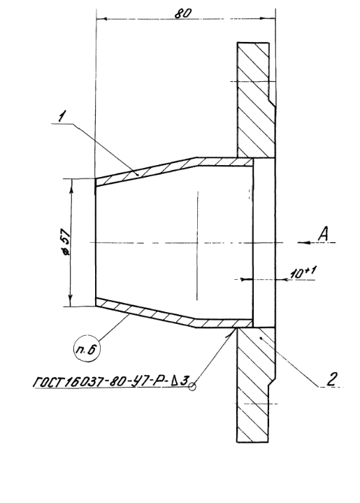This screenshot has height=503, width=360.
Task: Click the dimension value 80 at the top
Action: coord(183,13)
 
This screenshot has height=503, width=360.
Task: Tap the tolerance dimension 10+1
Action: coord(303,273)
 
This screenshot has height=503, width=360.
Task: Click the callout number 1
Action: coord(62,116)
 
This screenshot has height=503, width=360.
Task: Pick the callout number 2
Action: coord(331,379)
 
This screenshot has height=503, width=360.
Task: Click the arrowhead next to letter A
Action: coord(303,243)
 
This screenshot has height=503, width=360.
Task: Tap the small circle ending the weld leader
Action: coord(192,387)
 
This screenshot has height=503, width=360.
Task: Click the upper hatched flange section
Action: coord(256,100)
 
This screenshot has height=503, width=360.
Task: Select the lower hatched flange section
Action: coord(255,385)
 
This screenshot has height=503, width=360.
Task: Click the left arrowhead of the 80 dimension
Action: coord(102,19)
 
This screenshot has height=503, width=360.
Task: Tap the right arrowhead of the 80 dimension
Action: coord(270,19)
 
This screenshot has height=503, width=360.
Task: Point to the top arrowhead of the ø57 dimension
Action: coord(71,184)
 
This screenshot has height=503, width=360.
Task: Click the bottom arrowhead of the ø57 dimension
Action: coord(70,301)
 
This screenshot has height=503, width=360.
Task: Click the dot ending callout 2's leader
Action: coord(261,337)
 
